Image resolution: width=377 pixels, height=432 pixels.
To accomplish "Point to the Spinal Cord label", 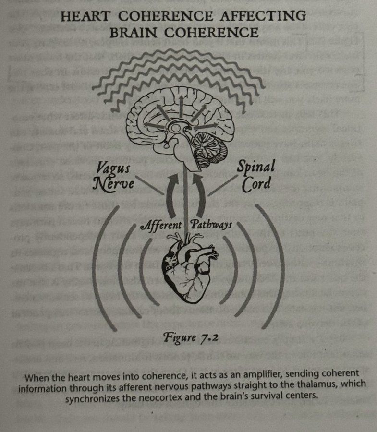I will tap(256, 175).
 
